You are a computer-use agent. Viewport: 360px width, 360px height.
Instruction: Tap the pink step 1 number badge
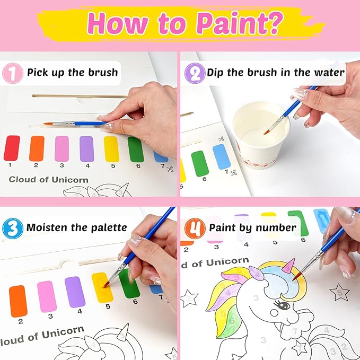(x=12, y=72)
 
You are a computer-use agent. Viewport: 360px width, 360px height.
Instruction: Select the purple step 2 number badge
(x=194, y=72)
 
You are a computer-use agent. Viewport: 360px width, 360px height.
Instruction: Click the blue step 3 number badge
(x=12, y=227)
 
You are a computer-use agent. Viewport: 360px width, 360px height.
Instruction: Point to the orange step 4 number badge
(x=194, y=227)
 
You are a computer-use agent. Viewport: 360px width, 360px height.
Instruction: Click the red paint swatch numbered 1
(x=12, y=148)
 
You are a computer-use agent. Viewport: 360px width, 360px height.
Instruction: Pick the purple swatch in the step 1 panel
(x=86, y=148)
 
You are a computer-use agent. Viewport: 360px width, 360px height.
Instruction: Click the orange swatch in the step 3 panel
(x=18, y=301)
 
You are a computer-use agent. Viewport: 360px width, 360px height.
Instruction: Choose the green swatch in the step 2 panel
(x=199, y=163)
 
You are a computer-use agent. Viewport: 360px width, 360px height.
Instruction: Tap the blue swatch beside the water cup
(x=222, y=156)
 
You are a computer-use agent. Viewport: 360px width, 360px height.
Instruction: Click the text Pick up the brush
(x=73, y=72)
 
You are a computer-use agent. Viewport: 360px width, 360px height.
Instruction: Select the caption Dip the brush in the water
(x=276, y=72)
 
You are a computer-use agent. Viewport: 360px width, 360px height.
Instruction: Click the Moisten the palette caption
(x=76, y=227)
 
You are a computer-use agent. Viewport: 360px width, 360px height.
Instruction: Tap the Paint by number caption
(x=252, y=227)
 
